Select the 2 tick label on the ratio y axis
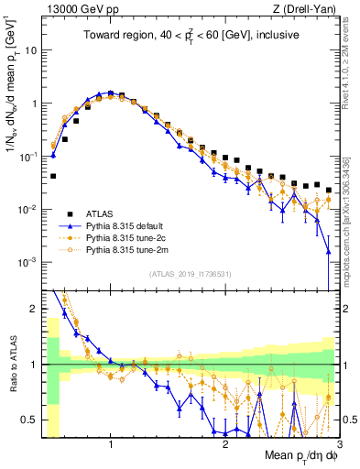point(35,309)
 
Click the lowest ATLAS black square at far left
point(53,175)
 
